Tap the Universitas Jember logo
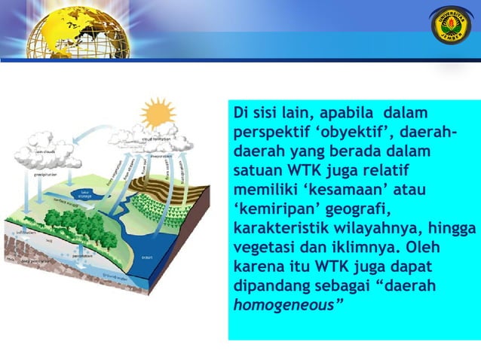pyautogui.click(x=450, y=25)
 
